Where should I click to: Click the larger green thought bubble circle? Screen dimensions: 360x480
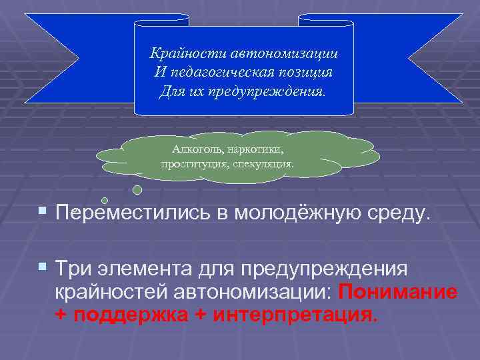click(x=137, y=189)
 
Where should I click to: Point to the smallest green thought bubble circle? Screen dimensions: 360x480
click(x=105, y=200)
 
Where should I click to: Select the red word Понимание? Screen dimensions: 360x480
click(x=398, y=292)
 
